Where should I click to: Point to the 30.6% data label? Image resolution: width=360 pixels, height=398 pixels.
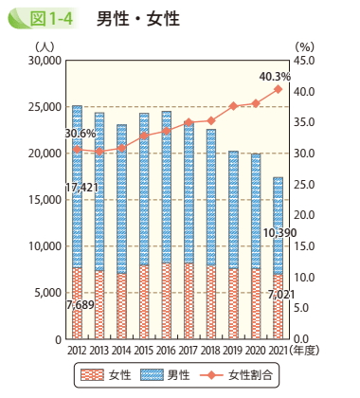click(x=81, y=135)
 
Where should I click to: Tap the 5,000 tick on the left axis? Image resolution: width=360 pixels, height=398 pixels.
click(x=46, y=293)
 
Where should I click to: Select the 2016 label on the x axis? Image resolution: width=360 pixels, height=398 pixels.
click(x=166, y=352)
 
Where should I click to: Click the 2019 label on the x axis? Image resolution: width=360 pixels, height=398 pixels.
click(x=232, y=352)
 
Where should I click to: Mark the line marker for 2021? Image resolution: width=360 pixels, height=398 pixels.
click(x=278, y=89)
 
